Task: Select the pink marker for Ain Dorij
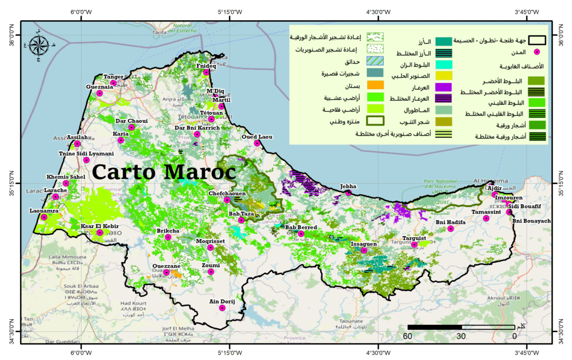[x=222, y=308]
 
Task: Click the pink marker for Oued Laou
[x=257, y=143]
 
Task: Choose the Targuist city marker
[x=414, y=244]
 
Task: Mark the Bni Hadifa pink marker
[x=451, y=228]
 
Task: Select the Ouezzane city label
[x=166, y=266]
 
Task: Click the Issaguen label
[x=364, y=244]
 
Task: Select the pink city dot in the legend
[x=537, y=52]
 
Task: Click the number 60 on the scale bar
[x=407, y=336]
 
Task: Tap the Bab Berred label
[x=301, y=227]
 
